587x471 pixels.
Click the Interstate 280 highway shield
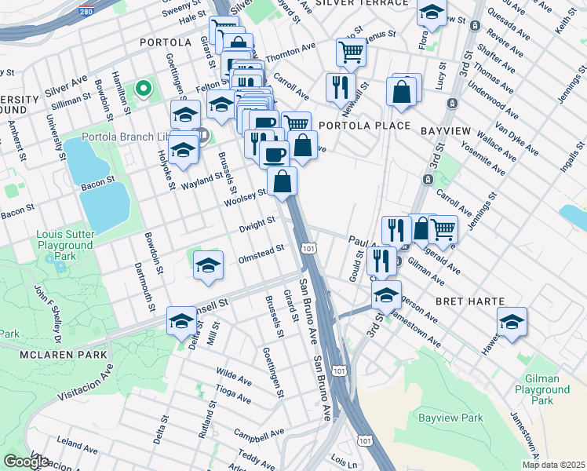click(x=86, y=13)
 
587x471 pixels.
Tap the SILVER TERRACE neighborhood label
click(x=362, y=3)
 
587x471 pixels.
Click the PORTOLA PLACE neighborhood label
click(x=364, y=126)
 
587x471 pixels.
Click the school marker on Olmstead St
click(x=208, y=266)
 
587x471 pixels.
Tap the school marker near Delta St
click(x=181, y=321)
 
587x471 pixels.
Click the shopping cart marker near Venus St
click(x=351, y=52)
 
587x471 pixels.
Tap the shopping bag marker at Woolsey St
click(x=283, y=181)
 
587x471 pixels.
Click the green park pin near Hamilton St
click(x=143, y=89)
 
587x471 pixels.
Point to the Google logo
click(x=26, y=462)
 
